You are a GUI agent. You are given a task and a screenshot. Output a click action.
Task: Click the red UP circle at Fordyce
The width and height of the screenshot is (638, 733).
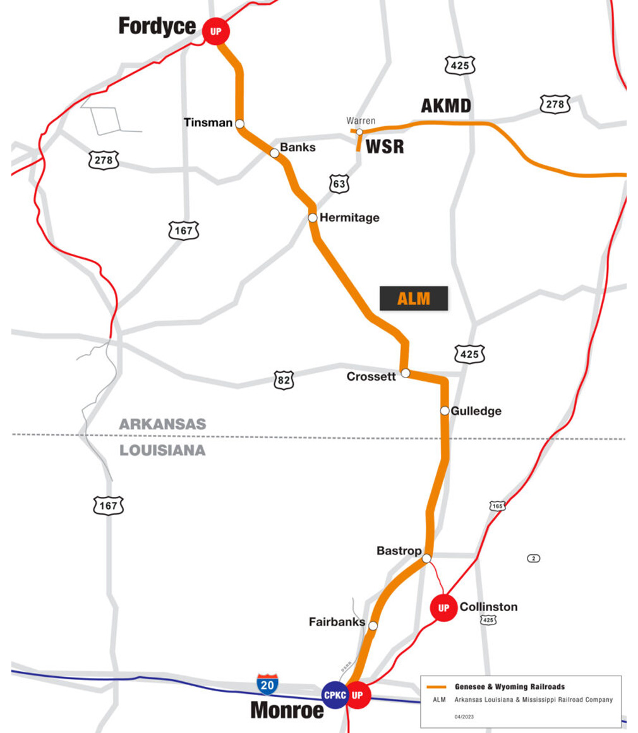(x=216, y=30)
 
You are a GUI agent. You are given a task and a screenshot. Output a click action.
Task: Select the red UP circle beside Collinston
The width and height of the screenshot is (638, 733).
(x=443, y=607)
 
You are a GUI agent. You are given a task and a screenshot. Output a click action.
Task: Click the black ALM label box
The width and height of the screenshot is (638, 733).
(x=414, y=299)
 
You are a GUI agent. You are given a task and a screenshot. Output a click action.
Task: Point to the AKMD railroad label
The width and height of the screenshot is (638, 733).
(x=446, y=106)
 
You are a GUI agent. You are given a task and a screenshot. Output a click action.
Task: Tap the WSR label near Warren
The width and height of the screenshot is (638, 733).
(x=385, y=146)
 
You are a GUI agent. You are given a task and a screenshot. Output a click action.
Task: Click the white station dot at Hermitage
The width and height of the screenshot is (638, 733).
(x=313, y=218)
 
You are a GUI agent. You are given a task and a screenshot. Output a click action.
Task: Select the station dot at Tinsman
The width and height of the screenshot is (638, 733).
(x=240, y=123)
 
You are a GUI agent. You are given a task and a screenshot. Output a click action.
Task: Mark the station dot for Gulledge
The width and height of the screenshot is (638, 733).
(x=445, y=411)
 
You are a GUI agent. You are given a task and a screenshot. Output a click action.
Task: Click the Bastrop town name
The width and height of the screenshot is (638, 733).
(x=399, y=551)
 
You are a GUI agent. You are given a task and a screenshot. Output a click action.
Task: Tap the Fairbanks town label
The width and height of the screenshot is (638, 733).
(x=337, y=622)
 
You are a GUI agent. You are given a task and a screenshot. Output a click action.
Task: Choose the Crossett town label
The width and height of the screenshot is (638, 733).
(x=371, y=377)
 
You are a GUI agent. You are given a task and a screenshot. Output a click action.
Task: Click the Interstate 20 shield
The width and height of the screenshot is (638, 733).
(x=267, y=684)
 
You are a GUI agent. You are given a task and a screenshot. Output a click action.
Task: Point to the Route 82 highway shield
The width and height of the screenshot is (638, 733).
(x=284, y=380)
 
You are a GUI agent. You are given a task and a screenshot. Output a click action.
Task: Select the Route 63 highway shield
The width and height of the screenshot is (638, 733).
(x=339, y=184)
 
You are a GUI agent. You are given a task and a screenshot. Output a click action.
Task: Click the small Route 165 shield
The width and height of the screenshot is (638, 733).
(x=497, y=506)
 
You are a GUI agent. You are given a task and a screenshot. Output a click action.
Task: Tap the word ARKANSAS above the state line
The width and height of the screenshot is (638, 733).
(x=163, y=424)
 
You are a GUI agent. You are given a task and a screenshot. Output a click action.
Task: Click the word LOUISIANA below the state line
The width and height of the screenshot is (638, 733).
(x=163, y=450)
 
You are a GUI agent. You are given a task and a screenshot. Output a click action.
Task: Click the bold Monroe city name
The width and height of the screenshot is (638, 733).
(x=287, y=710)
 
